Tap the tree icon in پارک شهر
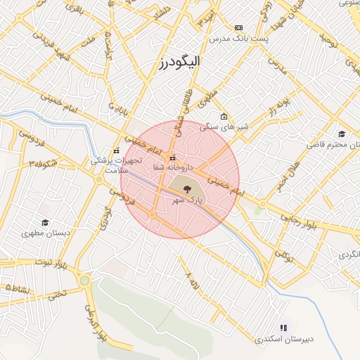tap(186, 188)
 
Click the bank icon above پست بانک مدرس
tap(238, 27)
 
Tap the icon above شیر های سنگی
tap(224, 117)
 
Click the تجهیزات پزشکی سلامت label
tap(111, 165)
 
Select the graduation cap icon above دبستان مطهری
tap(45, 210)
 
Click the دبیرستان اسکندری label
tap(285, 340)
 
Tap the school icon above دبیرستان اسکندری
tap(283, 328)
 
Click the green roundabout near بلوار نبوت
tap(85, 281)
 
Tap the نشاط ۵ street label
tap(19, 288)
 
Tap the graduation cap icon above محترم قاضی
tap(342, 134)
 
